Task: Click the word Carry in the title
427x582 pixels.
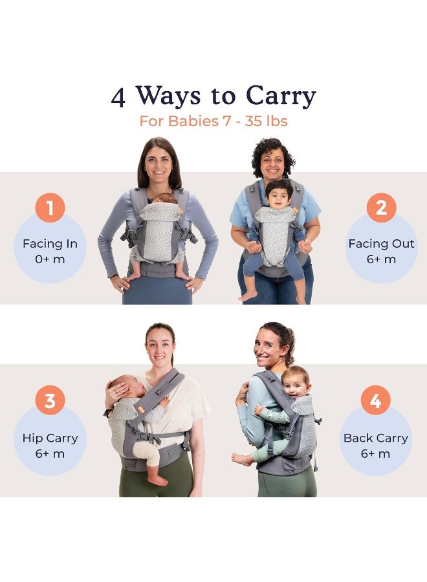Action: click(278, 97)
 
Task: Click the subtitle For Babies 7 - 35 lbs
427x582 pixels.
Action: click(213, 121)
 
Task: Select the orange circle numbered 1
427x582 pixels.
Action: click(50, 208)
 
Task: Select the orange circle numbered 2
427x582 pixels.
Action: click(381, 208)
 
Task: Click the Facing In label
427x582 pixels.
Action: click(50, 244)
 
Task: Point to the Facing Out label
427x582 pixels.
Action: click(381, 244)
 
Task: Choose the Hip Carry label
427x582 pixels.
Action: click(50, 438)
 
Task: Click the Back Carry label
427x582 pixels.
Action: click(375, 438)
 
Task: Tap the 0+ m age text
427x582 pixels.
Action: click(50, 259)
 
